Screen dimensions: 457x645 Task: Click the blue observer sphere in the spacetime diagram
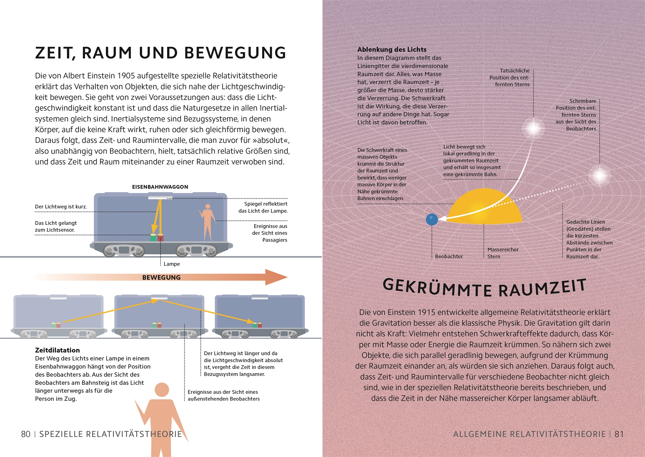tap(432, 220)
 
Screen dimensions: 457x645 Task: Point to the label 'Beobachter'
tap(449, 256)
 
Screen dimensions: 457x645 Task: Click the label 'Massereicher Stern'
tap(503, 253)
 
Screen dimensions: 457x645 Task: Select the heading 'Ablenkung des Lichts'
tap(392, 50)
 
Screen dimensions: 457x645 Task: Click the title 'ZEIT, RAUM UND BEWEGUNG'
tap(161, 53)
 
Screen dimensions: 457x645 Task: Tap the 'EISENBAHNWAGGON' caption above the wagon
tap(160, 187)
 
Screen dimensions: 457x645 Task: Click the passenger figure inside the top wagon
tap(207, 221)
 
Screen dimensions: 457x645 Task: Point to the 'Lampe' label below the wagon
tap(172, 264)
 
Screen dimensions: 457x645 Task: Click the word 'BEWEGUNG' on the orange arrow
tap(161, 277)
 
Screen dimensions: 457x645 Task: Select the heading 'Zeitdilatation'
tap(57, 350)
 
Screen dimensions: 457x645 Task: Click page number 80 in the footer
tap(26, 434)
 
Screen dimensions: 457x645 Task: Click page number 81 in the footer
tap(619, 434)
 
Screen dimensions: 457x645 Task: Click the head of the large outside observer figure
tap(162, 390)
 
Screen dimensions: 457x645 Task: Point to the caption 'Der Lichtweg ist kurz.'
tap(61, 207)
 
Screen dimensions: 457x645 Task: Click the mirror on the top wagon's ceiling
tap(160, 197)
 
